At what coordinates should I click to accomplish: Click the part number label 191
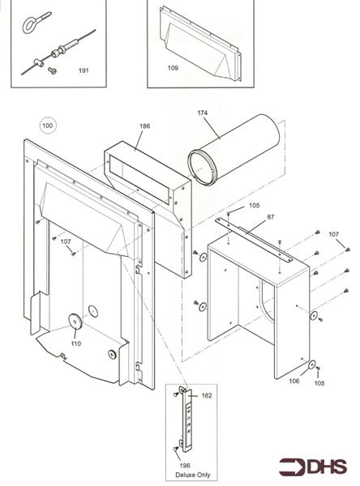click(83, 71)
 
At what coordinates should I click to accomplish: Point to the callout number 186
click(144, 126)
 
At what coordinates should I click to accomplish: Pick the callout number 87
click(270, 216)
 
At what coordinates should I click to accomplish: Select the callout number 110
click(75, 343)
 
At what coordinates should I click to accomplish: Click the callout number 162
click(206, 395)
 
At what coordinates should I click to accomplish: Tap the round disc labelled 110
click(75, 322)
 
